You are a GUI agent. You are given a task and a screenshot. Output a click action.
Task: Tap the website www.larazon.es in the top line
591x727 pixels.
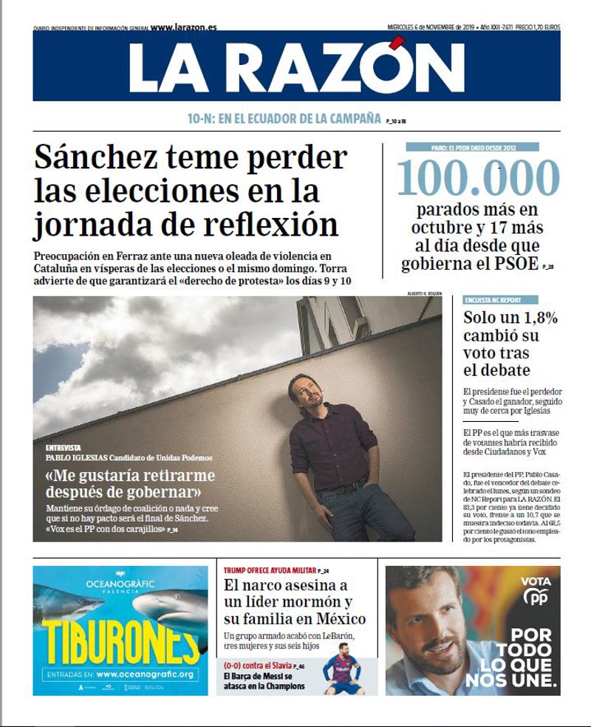pyautogui.click(x=183, y=27)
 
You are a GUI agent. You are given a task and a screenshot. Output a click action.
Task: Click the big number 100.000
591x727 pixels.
pyautogui.click(x=478, y=178)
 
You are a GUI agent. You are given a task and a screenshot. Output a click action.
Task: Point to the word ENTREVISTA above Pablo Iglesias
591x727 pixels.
pyautogui.click(x=64, y=448)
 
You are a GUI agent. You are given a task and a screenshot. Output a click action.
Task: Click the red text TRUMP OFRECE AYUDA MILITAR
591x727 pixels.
pyautogui.click(x=269, y=571)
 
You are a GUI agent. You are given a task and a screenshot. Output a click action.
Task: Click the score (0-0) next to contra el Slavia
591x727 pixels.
pyautogui.click(x=235, y=666)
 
